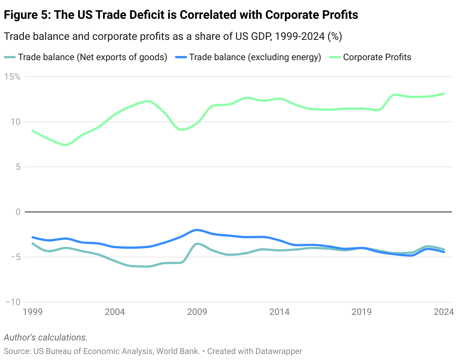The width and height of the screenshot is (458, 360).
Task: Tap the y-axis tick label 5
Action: pyautogui.click(x=17, y=167)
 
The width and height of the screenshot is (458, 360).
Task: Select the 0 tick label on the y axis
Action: pyautogui.click(x=17, y=212)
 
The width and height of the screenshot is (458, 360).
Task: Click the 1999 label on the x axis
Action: pyautogui.click(x=33, y=312)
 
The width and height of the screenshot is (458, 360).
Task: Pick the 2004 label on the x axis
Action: pyautogui.click(x=115, y=312)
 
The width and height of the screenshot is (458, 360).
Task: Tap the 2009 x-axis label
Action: pyautogui.click(x=197, y=312)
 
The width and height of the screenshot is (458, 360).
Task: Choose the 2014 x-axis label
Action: pyautogui.click(x=279, y=312)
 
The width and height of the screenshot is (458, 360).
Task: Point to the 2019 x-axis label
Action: pyautogui.click(x=362, y=312)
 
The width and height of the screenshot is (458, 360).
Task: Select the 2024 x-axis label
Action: pyautogui.click(x=444, y=312)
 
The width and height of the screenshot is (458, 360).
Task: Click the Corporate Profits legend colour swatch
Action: pyautogui.click(x=334, y=57)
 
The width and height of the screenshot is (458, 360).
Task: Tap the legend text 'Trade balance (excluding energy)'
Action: pyautogui.click(x=255, y=57)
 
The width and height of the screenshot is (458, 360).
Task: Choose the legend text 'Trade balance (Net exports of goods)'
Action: pyautogui.click(x=92, y=57)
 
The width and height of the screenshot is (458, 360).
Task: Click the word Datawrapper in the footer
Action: pyautogui.click(x=279, y=351)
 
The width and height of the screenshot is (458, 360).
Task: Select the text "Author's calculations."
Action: pyautogui.click(x=45, y=337)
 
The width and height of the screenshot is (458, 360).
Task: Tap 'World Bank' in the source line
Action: pyautogui.click(x=178, y=351)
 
